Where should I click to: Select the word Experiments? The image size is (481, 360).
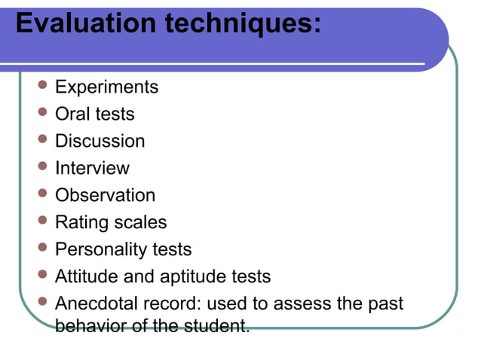pyautogui.click(x=106, y=87)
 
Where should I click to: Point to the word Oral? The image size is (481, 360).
pyautogui.click(x=73, y=114)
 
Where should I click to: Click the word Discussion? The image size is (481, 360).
pyautogui.click(x=100, y=142)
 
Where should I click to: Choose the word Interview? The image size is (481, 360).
pyautogui.click(x=92, y=169)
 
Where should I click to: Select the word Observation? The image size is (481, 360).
pyautogui.click(x=105, y=196)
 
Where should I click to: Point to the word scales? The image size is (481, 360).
pyautogui.click(x=140, y=223)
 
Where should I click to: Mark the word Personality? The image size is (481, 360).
pyautogui.click(x=100, y=250)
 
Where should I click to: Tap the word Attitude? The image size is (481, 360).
pyautogui.click(x=87, y=277)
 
